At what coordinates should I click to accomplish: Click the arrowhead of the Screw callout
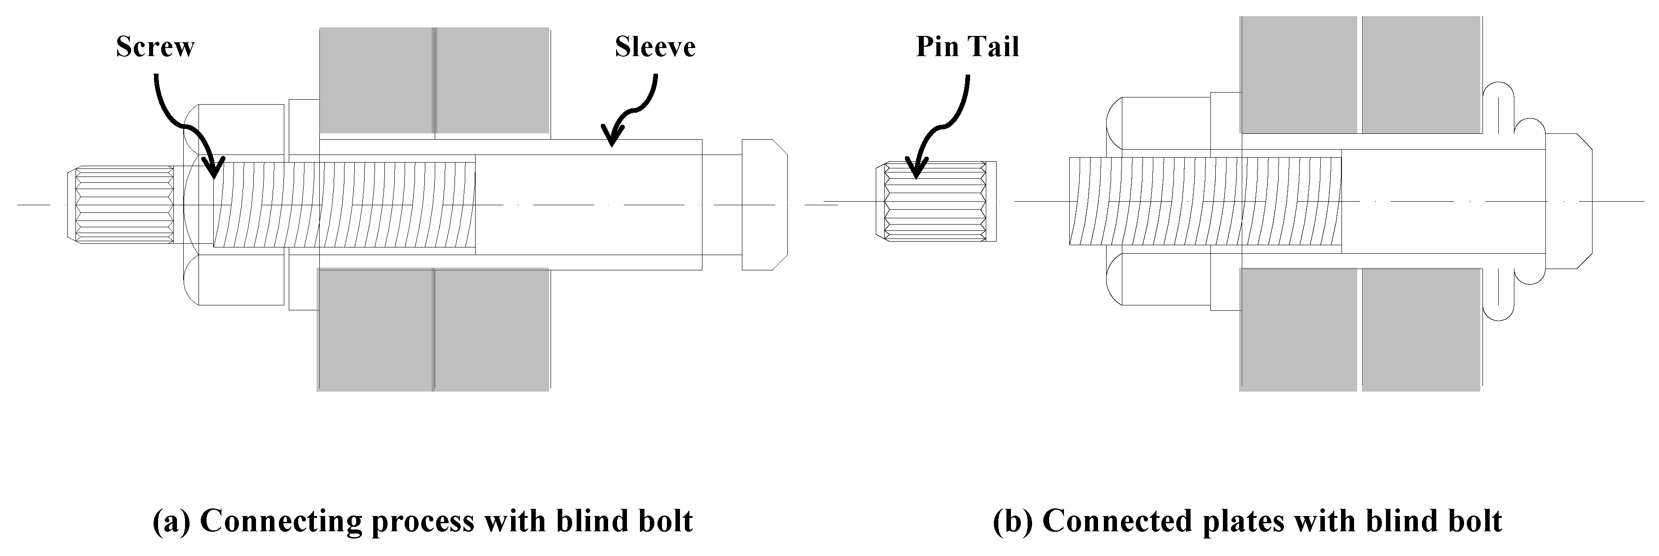click(215, 169)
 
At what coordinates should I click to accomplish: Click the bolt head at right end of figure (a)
click(764, 204)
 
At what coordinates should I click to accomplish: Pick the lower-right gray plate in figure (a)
click(491, 329)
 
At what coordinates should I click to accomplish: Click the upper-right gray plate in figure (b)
click(1420, 74)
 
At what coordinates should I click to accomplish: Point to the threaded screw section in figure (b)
click(1205, 201)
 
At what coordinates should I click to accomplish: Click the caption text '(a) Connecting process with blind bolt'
click(423, 521)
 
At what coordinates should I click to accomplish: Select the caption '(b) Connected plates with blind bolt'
click(1247, 521)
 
